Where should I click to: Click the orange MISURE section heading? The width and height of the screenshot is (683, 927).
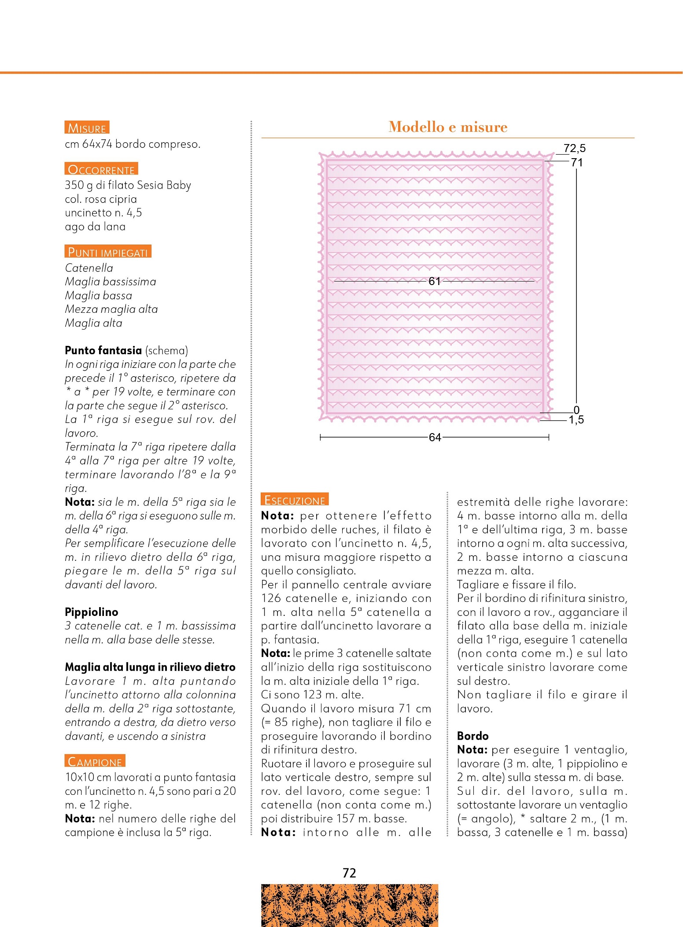[87, 128]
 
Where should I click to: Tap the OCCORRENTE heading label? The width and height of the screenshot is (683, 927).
[101, 169]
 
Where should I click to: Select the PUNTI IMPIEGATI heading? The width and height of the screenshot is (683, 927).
[108, 252]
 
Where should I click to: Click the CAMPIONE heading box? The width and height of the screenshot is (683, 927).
[95, 761]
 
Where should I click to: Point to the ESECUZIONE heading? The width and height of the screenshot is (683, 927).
[295, 500]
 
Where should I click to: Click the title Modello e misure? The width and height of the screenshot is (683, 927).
[448, 127]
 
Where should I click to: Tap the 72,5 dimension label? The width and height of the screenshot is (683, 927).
[574, 148]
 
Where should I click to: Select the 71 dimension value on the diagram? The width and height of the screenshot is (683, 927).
[577, 163]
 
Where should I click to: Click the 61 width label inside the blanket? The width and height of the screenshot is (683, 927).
[435, 281]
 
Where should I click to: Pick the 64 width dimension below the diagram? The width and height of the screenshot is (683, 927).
[435, 437]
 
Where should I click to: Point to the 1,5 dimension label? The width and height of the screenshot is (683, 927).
[576, 420]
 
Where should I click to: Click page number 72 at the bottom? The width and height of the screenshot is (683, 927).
[349, 873]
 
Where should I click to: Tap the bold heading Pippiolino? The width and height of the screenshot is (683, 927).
[92, 612]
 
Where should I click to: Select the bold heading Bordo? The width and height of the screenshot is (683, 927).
[473, 736]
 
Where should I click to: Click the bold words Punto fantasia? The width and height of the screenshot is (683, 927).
[103, 350]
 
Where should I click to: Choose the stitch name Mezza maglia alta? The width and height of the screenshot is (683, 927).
[111, 309]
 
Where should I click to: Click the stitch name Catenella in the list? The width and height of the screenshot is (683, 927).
[89, 268]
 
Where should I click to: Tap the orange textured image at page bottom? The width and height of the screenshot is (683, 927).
[349, 905]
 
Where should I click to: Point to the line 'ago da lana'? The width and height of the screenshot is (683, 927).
[95, 226]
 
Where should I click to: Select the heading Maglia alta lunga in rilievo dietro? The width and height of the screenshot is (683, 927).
[150, 667]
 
